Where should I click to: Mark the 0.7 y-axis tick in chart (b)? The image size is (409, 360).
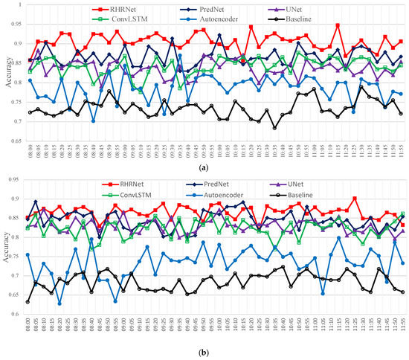[x=15, y=275]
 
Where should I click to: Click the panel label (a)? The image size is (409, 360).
[x=204, y=170]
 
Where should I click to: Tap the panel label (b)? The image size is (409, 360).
[x=204, y=352]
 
